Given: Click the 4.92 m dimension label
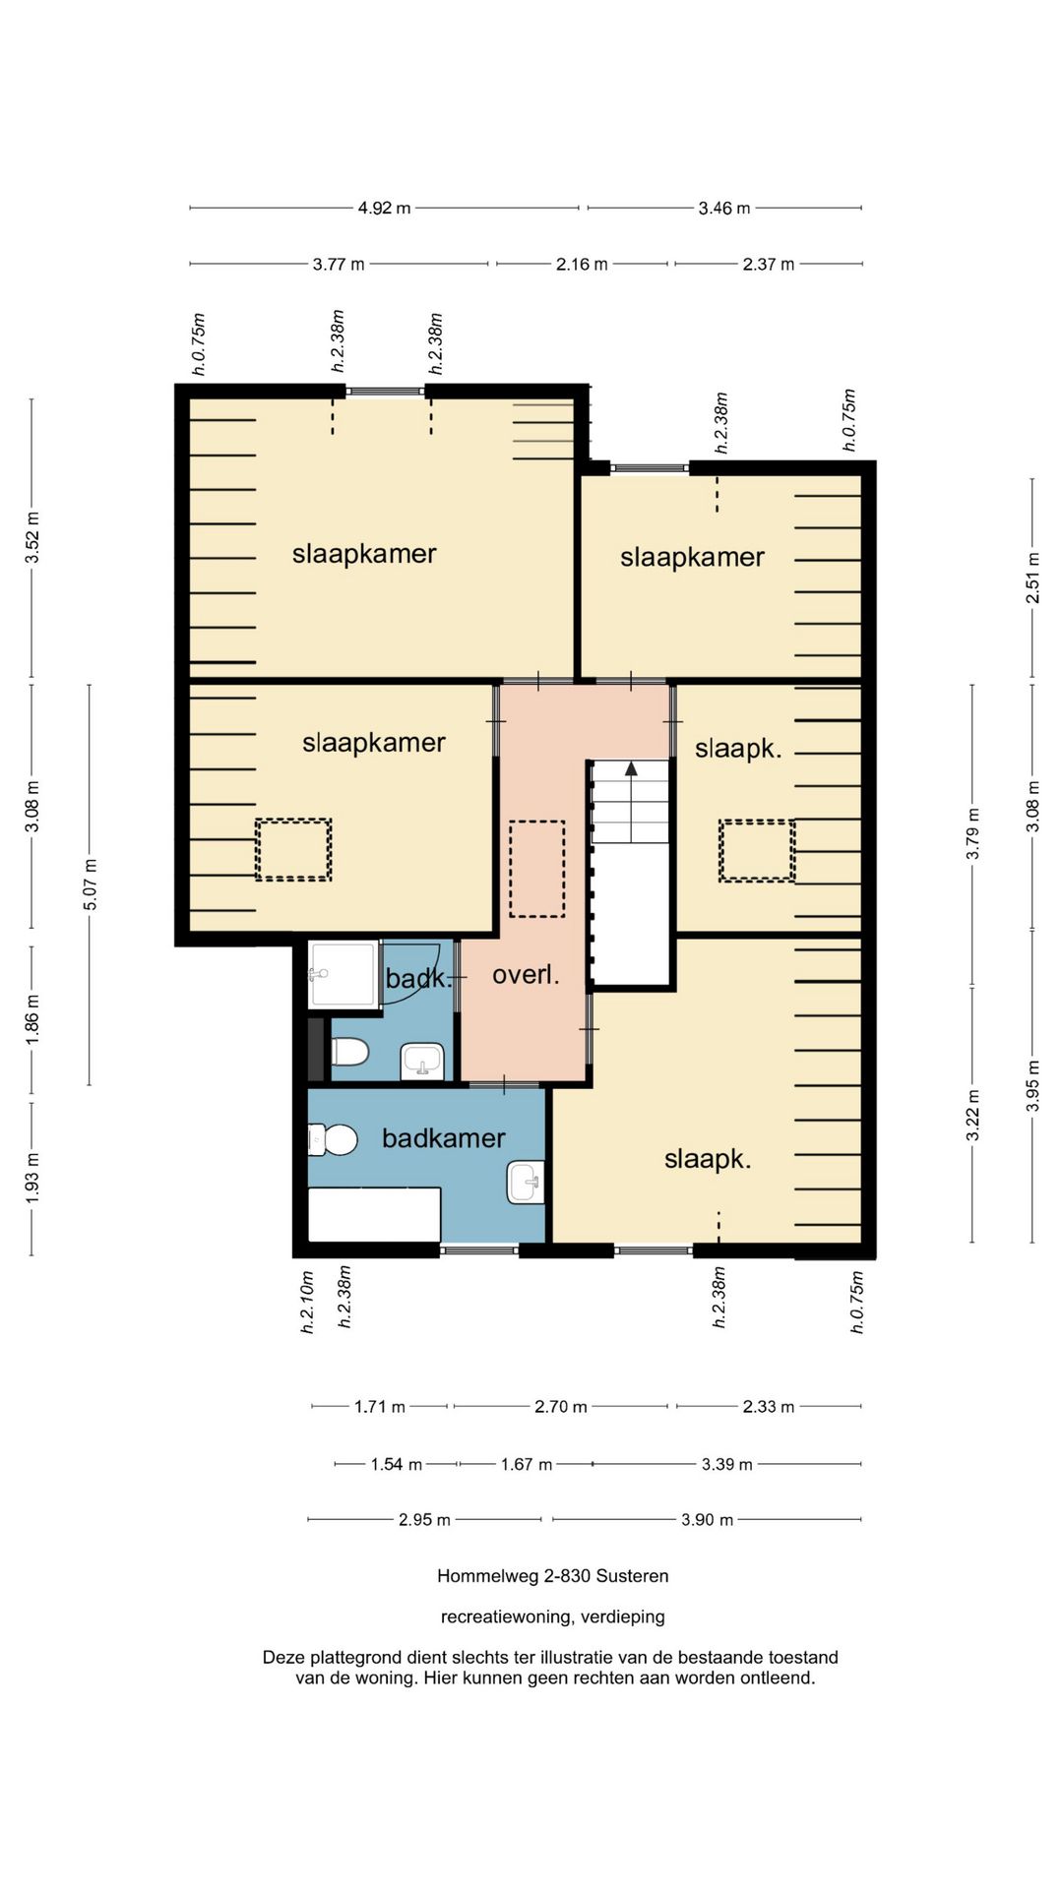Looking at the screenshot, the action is [x=384, y=209].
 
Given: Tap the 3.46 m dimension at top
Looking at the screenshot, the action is [x=724, y=209].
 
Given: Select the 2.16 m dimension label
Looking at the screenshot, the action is [x=582, y=265].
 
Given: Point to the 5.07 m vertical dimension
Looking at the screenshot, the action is [x=91, y=884].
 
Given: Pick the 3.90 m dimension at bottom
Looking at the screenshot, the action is [x=707, y=1520].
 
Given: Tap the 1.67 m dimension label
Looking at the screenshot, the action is [x=527, y=1465].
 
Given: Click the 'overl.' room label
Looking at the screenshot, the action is [x=526, y=975].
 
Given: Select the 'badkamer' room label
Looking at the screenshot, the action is [x=444, y=1138].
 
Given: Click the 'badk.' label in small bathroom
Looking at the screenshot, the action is [x=418, y=979].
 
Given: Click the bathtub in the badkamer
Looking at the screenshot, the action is [x=374, y=1215].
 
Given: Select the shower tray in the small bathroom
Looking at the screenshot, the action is [x=344, y=975].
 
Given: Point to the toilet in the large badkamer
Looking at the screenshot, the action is [x=332, y=1140].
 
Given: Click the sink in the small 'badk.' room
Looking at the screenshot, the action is [x=422, y=1062].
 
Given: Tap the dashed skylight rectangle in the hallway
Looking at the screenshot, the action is [x=537, y=870].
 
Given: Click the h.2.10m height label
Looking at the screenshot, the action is [x=307, y=1302].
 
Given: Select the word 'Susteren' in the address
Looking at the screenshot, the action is [x=632, y=1576].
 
